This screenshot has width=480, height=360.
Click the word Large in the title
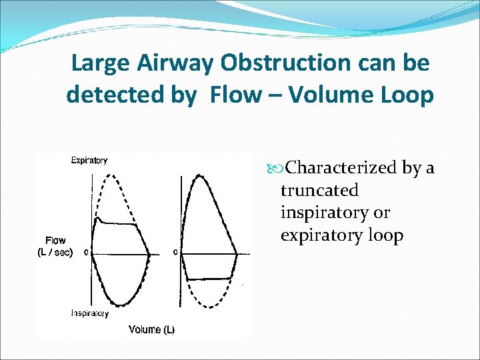point(99,63)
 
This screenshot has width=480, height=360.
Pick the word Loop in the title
point(409,95)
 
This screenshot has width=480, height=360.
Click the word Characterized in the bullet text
point(341,167)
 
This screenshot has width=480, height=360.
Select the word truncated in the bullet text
point(319,190)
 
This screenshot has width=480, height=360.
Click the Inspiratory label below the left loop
point(90,313)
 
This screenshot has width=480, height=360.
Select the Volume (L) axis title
point(151,329)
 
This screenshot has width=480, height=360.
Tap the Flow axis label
point(55,241)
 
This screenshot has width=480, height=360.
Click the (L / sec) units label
point(55,252)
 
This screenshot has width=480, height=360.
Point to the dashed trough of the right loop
point(211,307)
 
